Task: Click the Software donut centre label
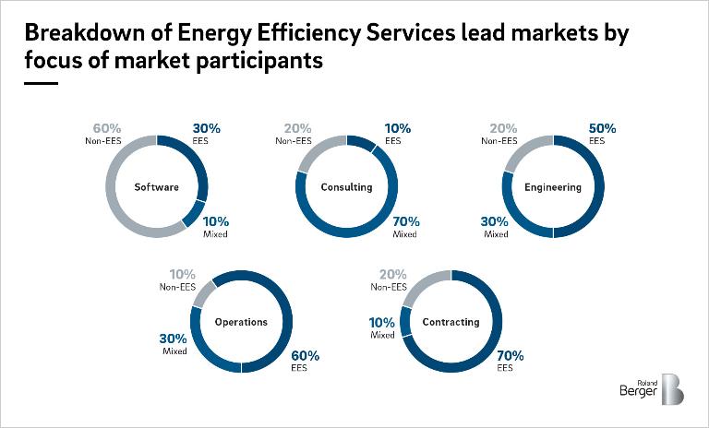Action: pyautogui.click(x=157, y=187)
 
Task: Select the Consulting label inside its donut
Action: pyautogui.click(x=346, y=187)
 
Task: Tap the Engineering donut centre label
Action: pyautogui.click(x=553, y=187)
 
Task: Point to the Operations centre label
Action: pyautogui.click(x=241, y=322)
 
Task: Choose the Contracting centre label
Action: pyautogui.click(x=451, y=322)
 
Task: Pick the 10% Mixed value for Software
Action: pyautogui.click(x=216, y=221)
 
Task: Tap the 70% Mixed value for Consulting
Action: pyautogui.click(x=406, y=221)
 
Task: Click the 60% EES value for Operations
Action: pyautogui.click(x=305, y=355)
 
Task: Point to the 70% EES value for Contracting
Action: pyautogui.click(x=511, y=355)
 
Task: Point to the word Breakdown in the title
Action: pyautogui.click(x=75, y=34)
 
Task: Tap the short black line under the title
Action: pyautogui.click(x=41, y=83)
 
